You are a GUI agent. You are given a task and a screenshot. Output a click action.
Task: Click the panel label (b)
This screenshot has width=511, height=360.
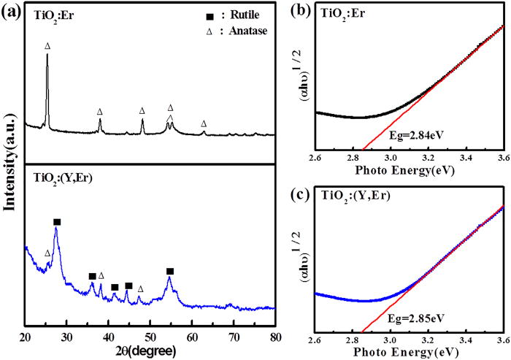[300, 9]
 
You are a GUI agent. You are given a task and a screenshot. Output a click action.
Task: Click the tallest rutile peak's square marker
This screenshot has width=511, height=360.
[57, 202]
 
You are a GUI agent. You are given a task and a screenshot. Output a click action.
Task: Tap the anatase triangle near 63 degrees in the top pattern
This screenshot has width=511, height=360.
[204, 124]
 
